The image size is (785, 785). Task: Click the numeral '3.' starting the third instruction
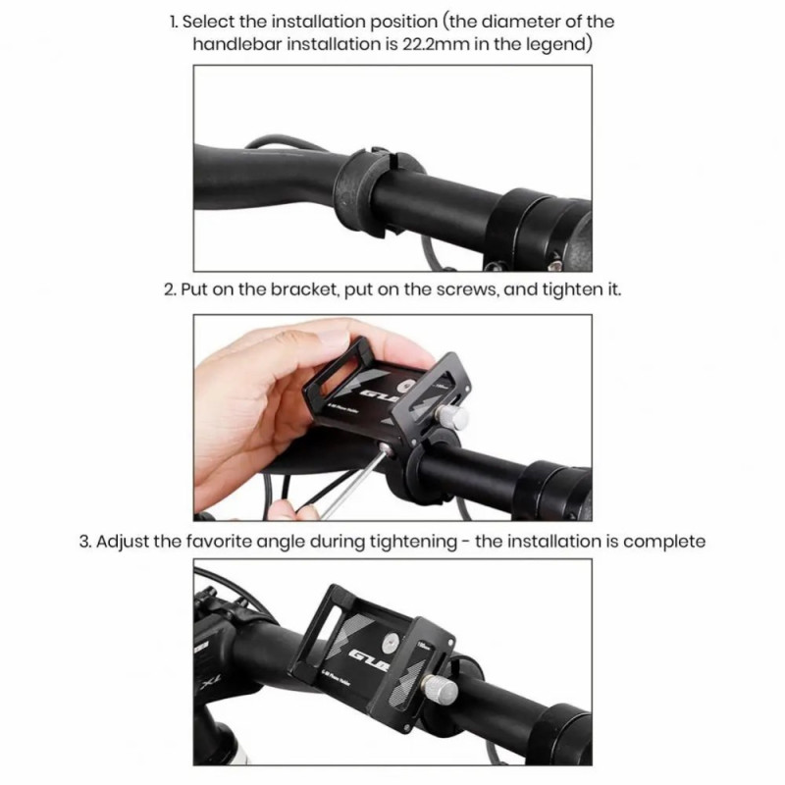click(85, 542)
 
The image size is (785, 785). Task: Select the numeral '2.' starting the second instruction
click(170, 289)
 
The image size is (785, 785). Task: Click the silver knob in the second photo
click(453, 416)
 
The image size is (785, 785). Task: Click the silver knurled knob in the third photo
click(441, 690)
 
